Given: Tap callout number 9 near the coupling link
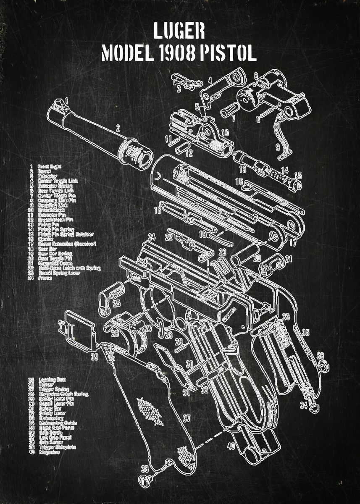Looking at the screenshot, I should (277, 147).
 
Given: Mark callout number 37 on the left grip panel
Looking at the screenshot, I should (187, 418).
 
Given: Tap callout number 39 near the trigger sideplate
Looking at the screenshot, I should (95, 357).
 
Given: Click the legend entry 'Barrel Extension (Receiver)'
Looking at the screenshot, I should (67, 244).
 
